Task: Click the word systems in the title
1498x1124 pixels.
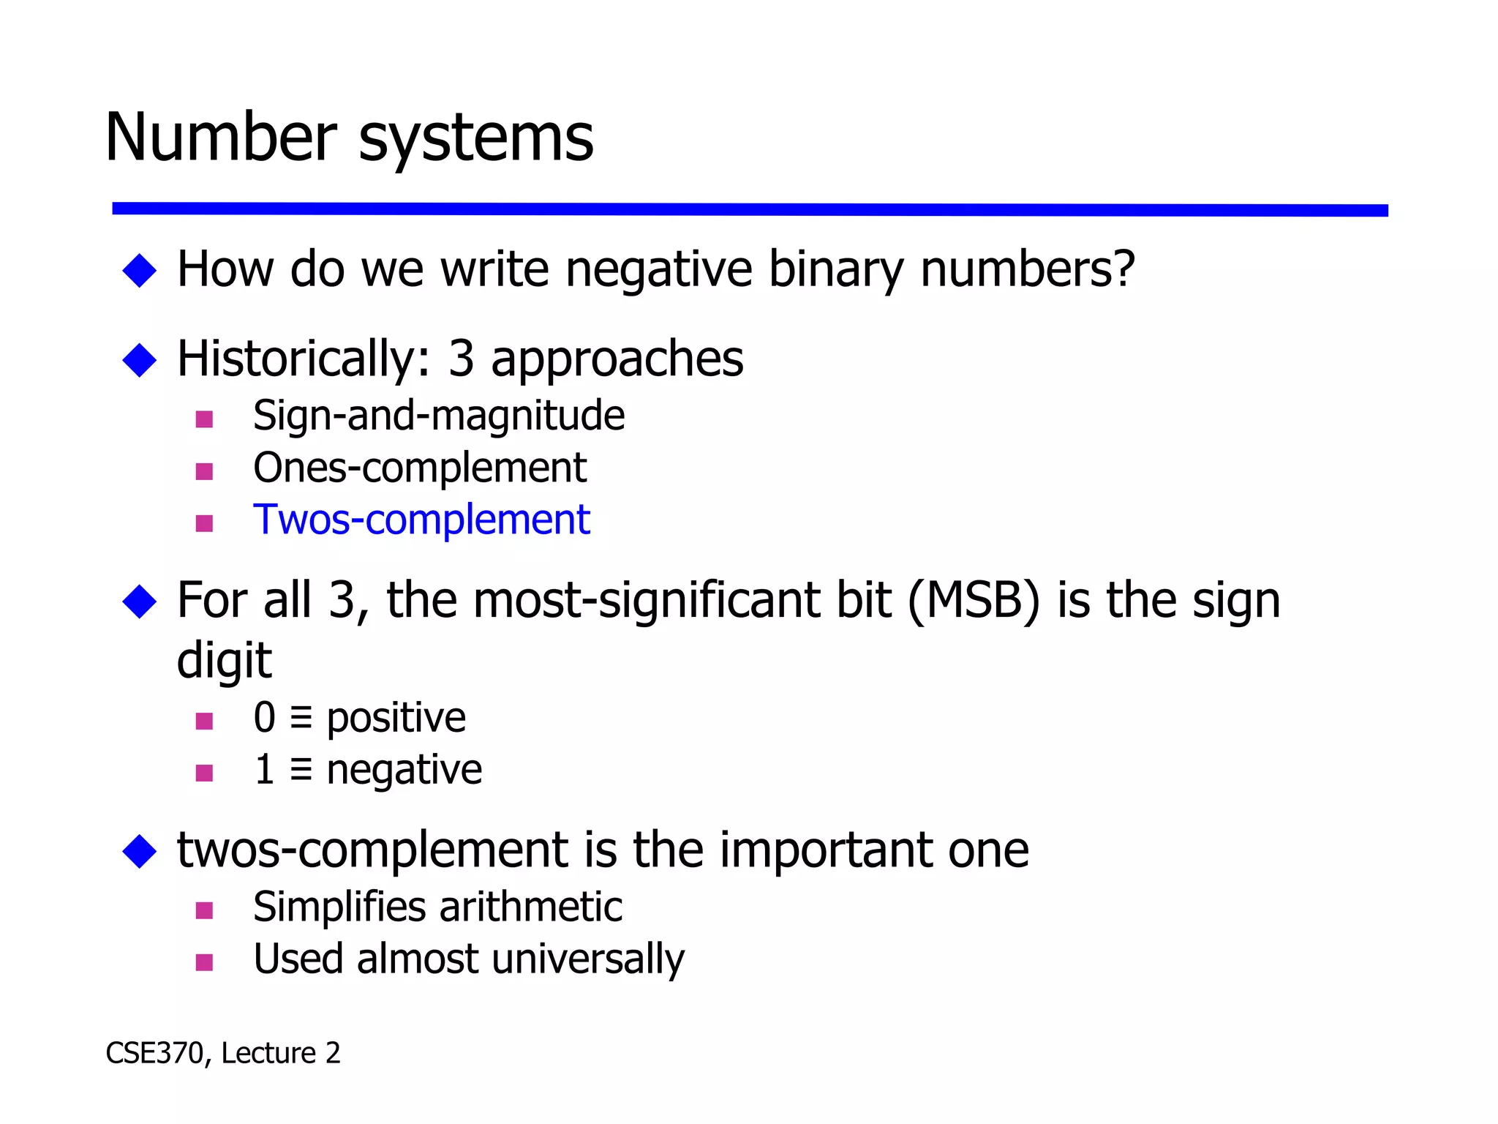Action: [x=475, y=140]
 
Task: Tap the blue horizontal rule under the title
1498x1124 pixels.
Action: [x=749, y=209]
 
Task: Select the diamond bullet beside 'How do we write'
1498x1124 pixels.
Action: [x=140, y=270]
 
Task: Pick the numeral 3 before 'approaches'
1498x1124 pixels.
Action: [x=462, y=359]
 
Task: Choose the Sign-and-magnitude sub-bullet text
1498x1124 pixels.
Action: [x=439, y=416]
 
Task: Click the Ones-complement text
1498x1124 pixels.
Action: [x=420, y=468]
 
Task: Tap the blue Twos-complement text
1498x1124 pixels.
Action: [x=421, y=520]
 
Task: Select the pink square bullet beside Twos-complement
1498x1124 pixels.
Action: [x=204, y=523]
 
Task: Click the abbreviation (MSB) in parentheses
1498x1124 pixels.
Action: [x=973, y=601]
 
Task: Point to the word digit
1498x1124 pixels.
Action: [x=224, y=661]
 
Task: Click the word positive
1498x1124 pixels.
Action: [x=396, y=718]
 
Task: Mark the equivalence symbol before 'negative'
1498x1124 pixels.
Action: [x=301, y=770]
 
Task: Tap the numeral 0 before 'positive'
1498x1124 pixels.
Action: [x=264, y=718]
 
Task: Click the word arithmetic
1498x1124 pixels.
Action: [x=531, y=907]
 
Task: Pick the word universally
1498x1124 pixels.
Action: [x=588, y=960]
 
